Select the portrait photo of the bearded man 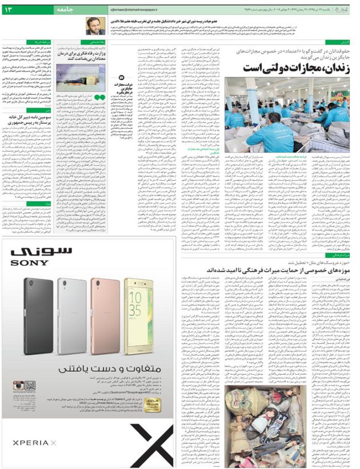(x=95, y=25)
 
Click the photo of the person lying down (x=75, y=75)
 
